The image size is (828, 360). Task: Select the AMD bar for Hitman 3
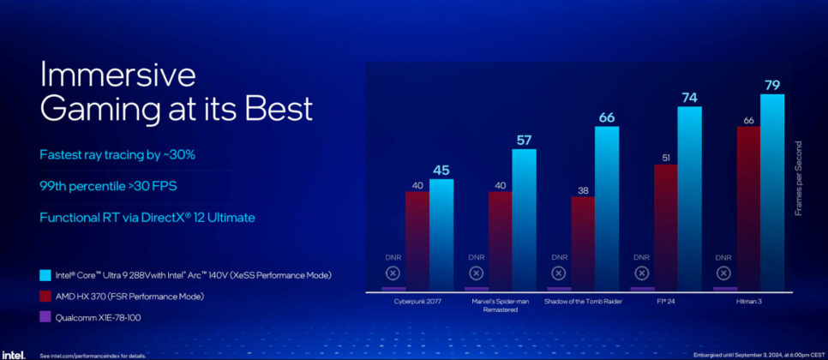(748, 206)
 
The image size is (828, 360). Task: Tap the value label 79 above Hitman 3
(772, 85)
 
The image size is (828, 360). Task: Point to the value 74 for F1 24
(690, 98)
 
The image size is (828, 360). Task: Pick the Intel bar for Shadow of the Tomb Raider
(607, 206)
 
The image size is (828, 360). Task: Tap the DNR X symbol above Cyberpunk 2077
(393, 273)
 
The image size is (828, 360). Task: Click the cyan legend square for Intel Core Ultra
(45, 275)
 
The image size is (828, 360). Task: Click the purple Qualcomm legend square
(45, 316)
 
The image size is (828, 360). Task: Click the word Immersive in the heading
(118, 75)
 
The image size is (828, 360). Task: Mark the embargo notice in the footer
(755, 354)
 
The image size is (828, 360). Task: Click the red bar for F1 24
(666, 225)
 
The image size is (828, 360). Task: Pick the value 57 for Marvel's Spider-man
(524, 140)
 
